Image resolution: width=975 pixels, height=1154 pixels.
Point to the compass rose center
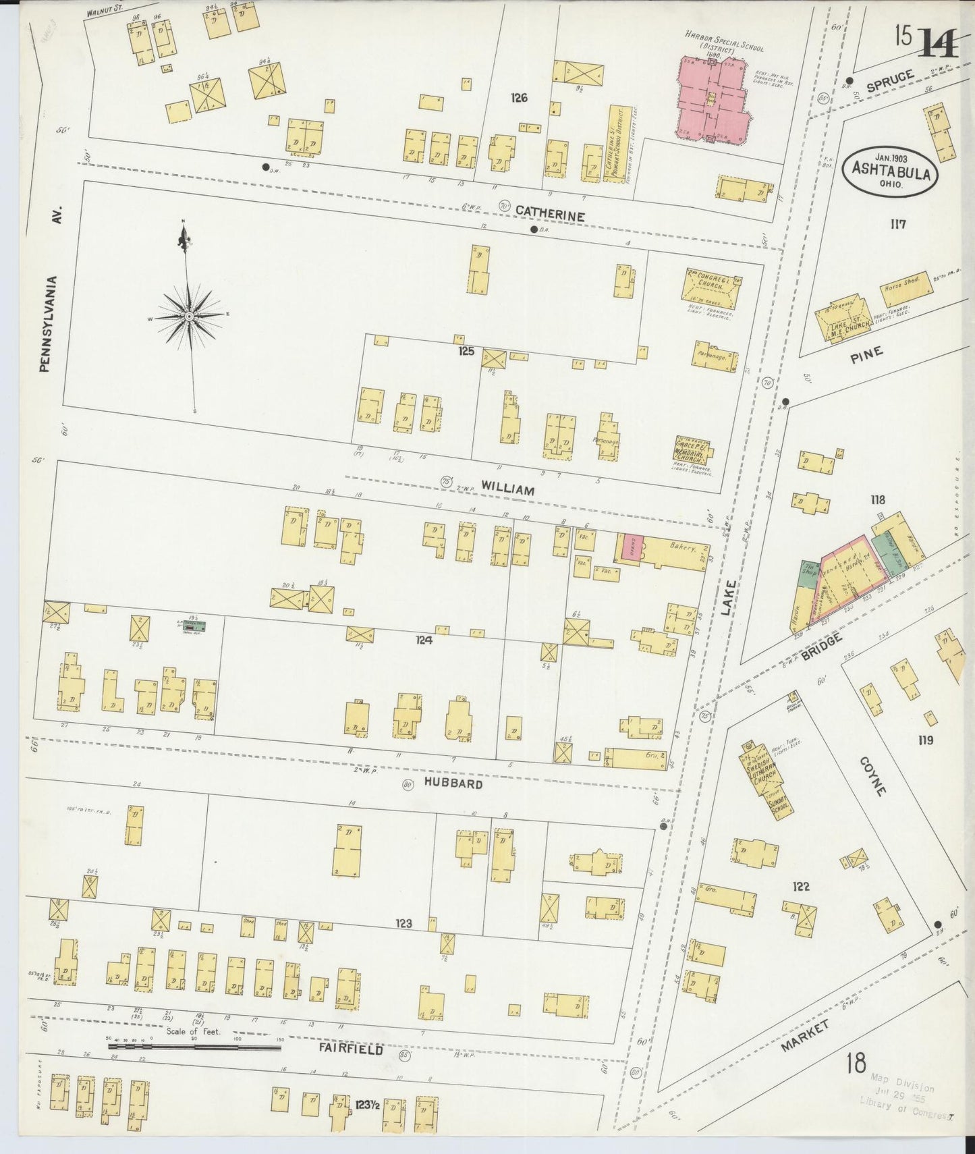pyautogui.click(x=190, y=315)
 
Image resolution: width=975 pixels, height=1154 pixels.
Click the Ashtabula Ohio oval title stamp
pyautogui.click(x=889, y=172)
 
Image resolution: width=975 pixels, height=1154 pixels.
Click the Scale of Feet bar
pyautogui.click(x=195, y=1047)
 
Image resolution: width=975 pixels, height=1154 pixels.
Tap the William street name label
pyautogui.click(x=507, y=490)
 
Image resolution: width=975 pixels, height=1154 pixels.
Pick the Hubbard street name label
pyautogui.click(x=453, y=784)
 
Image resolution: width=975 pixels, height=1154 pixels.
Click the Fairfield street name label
pyautogui.click(x=350, y=1050)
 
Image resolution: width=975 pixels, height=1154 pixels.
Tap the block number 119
pyautogui.click(x=925, y=740)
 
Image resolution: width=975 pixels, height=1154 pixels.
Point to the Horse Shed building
pyautogui.click(x=906, y=287)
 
